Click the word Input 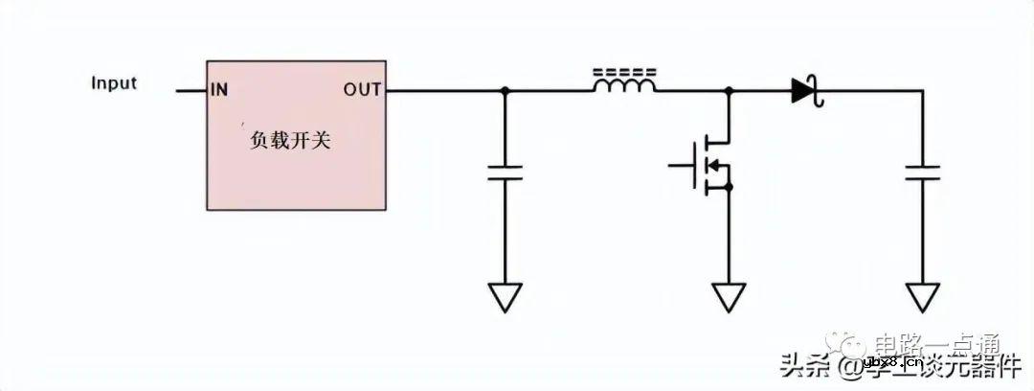pyautogui.click(x=114, y=82)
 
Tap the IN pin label pyautogui.click(x=219, y=91)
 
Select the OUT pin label pyautogui.click(x=363, y=91)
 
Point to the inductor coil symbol pyautogui.click(x=625, y=86)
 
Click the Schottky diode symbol pyautogui.click(x=806, y=91)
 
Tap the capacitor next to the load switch pyautogui.click(x=505, y=172)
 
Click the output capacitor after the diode pyautogui.click(x=923, y=172)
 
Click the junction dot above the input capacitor pyautogui.click(x=505, y=91)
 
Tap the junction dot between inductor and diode pyautogui.click(x=730, y=91)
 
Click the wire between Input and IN pyautogui.click(x=191, y=91)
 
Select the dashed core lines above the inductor pyautogui.click(x=625, y=71)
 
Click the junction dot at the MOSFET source pyautogui.click(x=730, y=188)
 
